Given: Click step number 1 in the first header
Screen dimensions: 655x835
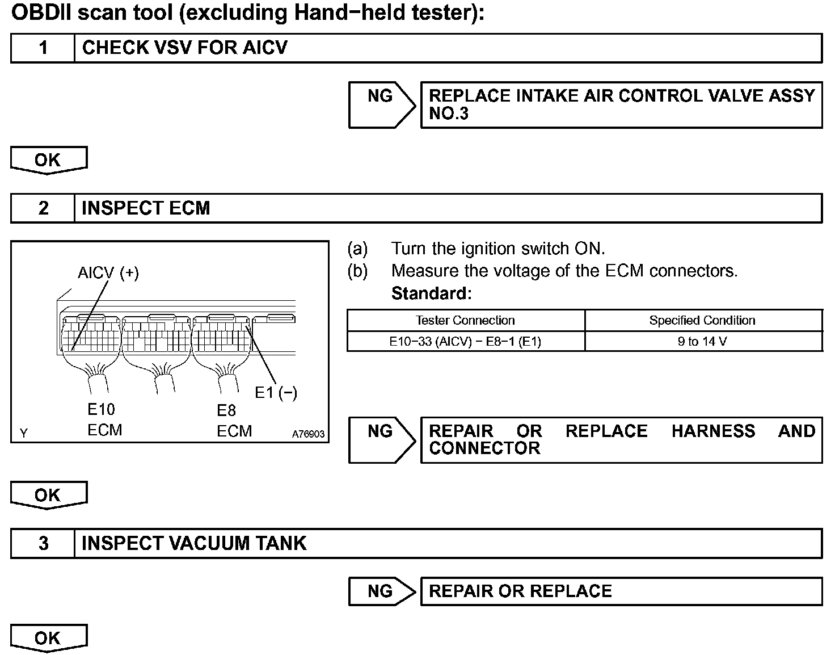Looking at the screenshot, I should coord(43,48).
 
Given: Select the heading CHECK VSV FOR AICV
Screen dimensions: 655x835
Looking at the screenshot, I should coord(185,48).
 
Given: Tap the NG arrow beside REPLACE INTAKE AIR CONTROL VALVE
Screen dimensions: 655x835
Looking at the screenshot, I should coord(381,104).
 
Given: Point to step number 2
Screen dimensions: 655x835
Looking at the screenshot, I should coord(43,208).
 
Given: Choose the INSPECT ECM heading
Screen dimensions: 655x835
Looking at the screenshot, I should coord(146,208).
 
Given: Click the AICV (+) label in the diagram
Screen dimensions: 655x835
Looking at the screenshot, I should coord(108,273).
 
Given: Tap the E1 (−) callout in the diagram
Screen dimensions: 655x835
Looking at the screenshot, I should coord(276,392).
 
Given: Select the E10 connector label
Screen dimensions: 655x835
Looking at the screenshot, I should coord(101,409).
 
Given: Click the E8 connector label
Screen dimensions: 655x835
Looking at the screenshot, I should coord(226,410).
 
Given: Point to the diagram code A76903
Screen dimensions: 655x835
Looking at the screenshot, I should coord(308,434).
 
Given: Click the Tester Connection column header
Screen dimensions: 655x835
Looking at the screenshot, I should coord(465,320).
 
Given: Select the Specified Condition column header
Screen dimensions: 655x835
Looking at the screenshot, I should coord(702,320).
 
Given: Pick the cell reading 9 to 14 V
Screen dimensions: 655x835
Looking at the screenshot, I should coord(702,341).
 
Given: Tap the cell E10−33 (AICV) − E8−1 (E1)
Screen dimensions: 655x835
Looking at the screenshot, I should coord(465,341).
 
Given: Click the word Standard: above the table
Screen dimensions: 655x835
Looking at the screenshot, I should coord(432,293).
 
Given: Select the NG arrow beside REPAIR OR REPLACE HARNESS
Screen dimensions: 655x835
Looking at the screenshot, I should coord(381,439).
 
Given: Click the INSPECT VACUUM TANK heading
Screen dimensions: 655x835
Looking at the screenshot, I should coord(194,543).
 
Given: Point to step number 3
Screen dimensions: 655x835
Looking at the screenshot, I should coord(43,543).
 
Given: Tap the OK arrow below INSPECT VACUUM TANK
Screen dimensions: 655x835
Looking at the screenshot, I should coord(48,638).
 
